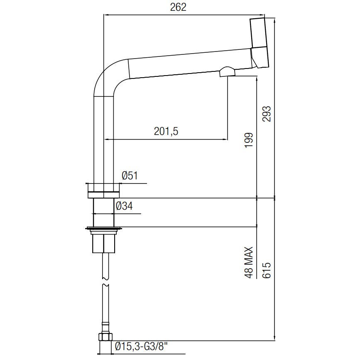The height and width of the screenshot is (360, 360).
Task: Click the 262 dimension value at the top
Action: point(178,7)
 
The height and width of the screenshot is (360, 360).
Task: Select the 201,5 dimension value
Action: point(166,131)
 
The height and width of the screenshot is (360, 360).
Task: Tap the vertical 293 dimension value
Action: point(267,114)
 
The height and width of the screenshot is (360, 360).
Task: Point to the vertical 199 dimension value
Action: point(249,140)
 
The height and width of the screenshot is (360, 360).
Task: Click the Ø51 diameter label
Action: point(130,176)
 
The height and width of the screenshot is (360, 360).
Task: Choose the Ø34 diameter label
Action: point(124,206)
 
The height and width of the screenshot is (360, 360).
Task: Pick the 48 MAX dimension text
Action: point(249,263)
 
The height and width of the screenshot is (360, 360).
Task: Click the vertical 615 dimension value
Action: point(267,270)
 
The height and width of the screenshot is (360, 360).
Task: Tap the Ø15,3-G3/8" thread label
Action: point(140,346)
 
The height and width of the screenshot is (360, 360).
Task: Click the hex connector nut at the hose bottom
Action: point(105,337)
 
